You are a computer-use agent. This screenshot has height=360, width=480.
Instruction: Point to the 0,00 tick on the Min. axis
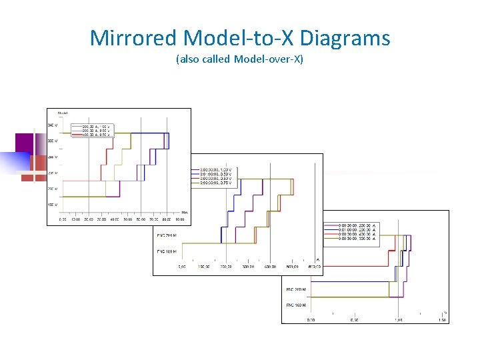(63, 219)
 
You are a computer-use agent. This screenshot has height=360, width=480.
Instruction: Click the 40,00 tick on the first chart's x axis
(114, 219)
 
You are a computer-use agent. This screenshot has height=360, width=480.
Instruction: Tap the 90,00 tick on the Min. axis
(179, 219)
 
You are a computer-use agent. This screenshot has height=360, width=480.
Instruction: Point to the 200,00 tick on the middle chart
(225, 267)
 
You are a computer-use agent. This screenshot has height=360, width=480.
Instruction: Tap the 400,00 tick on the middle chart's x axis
(269, 267)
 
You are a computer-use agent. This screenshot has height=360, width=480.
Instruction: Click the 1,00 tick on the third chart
(398, 320)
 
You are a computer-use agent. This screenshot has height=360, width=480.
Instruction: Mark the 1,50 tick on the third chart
(442, 320)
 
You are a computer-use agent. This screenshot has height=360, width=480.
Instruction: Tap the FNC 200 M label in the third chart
(296, 289)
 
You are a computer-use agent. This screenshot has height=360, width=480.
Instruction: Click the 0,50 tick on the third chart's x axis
(354, 320)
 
